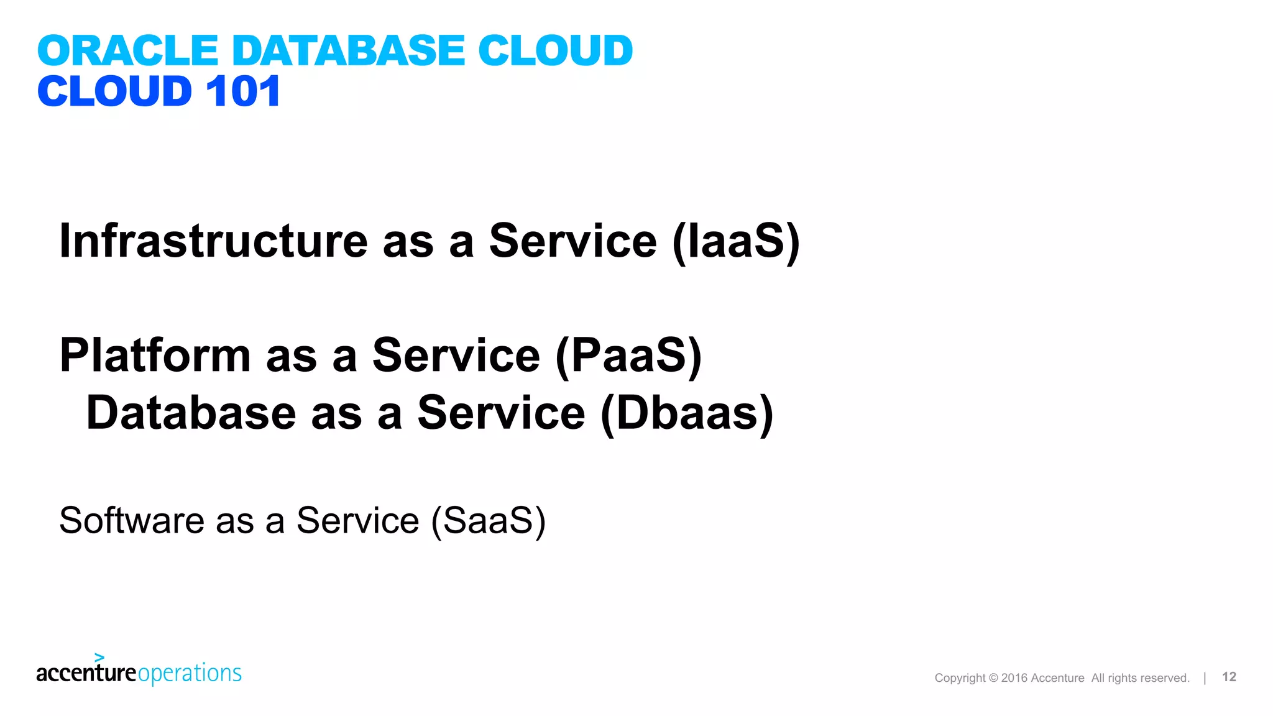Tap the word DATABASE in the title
click(348, 50)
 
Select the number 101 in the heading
click(243, 91)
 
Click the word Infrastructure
click(213, 241)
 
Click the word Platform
click(155, 356)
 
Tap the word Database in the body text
click(191, 413)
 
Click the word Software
click(131, 520)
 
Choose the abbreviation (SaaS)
click(489, 521)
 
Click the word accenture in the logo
click(86, 673)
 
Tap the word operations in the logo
click(190, 674)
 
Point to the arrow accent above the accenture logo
click(99, 657)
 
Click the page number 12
click(1229, 677)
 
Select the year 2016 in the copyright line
click(1014, 678)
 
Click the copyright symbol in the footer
click(993, 678)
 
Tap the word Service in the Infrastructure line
click(572, 241)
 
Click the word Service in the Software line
click(357, 520)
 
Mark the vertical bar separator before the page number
click(1205, 677)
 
